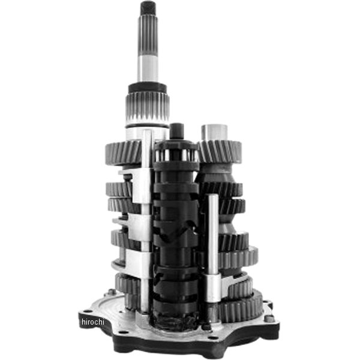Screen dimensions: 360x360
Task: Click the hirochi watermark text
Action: tap(93, 322)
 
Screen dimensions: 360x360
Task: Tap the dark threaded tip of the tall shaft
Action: tap(148, 8)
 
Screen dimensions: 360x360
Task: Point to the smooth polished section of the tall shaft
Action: tap(148, 67)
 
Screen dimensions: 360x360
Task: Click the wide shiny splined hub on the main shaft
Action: tap(148, 108)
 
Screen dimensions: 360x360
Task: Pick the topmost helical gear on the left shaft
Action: tap(122, 152)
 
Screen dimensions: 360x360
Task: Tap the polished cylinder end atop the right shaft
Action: tap(214, 131)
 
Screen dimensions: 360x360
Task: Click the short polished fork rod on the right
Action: tap(212, 240)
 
